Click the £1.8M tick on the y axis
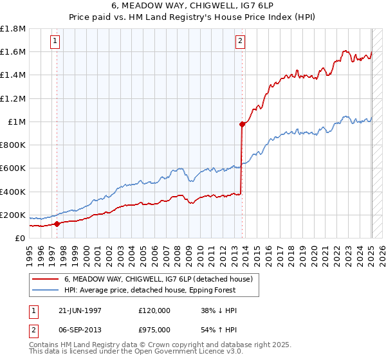click(13, 29)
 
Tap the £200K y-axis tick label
click(13, 215)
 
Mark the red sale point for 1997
click(57, 224)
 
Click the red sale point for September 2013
click(243, 125)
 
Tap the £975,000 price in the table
click(155, 328)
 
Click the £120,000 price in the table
click(155, 310)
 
